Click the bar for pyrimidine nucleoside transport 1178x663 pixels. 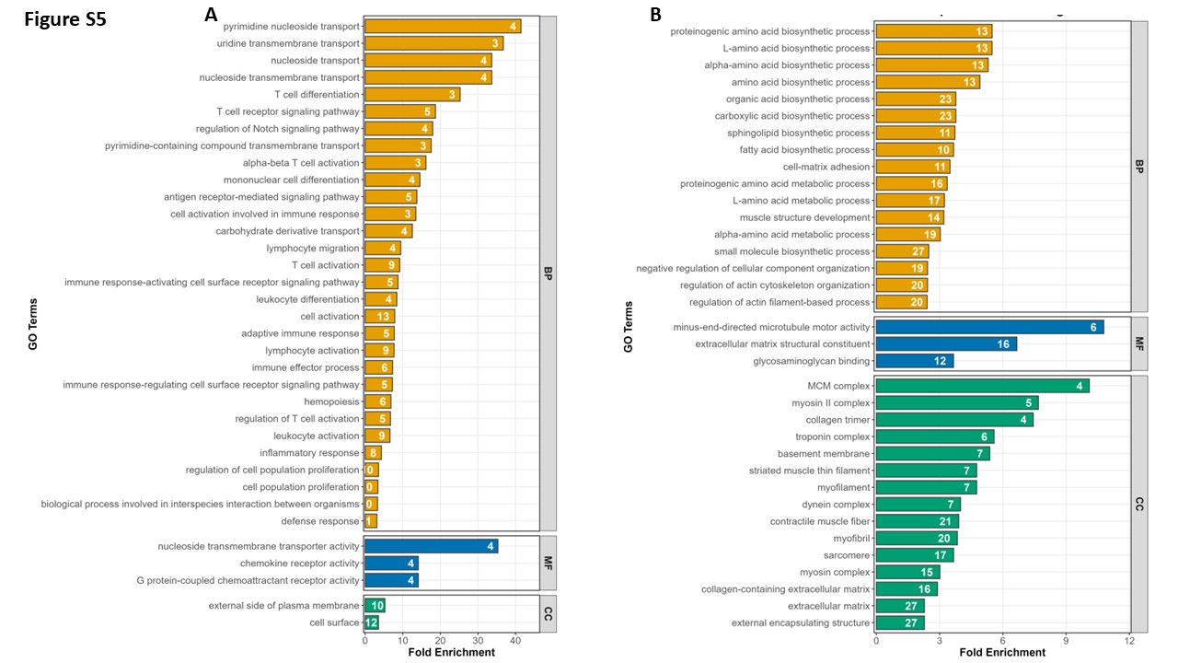tap(443, 27)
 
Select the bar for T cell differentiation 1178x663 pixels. tap(412, 95)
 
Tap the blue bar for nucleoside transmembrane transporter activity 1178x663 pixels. tap(432, 546)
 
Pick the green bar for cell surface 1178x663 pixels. tap(371, 622)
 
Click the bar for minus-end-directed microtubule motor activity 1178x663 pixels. tap(989, 327)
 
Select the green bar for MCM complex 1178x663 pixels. tap(982, 386)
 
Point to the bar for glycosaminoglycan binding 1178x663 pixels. tap(915, 361)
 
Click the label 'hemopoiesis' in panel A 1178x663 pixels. tap(331, 402)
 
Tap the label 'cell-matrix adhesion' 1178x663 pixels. tap(826, 167)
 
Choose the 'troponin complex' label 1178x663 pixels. tap(833, 436)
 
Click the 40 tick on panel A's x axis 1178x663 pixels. tap(515, 640)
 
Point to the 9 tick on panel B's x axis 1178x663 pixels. tap(1066, 640)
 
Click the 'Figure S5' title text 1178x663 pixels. tap(65, 19)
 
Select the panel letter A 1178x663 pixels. tap(211, 14)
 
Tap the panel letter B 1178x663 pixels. tap(655, 14)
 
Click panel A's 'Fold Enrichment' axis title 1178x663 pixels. tap(451, 653)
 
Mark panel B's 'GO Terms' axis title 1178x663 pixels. tap(628, 327)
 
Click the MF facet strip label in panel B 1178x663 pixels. tap(1139, 344)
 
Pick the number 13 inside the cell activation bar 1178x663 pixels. tap(383, 316)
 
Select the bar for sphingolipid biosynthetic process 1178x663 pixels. tap(915, 133)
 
